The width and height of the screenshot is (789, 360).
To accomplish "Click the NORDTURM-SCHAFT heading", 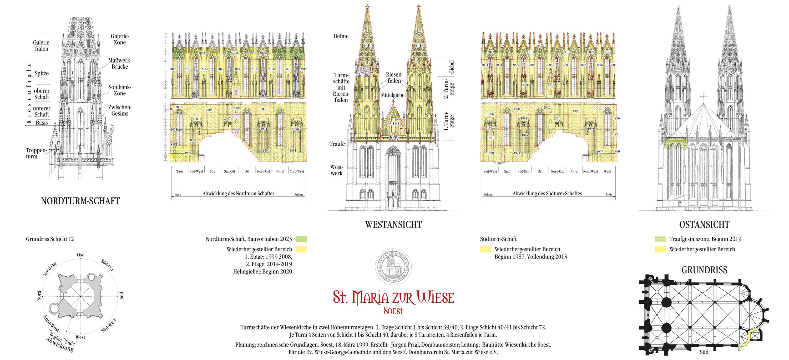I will pos(80,201).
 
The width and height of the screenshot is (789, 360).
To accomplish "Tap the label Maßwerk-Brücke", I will pos(119,63).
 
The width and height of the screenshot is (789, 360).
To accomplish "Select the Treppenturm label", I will pos(36,153).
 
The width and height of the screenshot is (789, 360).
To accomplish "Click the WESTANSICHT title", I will pos(393,225).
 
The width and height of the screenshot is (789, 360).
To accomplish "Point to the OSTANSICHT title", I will pos(704,225).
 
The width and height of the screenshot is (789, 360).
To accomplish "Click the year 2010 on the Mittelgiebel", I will pos(394,124).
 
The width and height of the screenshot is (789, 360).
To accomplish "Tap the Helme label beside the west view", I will pos(341,36).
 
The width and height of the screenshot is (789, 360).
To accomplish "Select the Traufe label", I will pos(337,144).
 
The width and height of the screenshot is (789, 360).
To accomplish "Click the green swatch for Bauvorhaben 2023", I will pos(301,239).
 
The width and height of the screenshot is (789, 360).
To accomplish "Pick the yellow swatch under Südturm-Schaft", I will pos(485,249).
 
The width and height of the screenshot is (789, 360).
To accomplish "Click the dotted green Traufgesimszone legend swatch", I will pos(660,239).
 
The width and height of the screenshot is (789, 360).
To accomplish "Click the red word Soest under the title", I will pos(393,311).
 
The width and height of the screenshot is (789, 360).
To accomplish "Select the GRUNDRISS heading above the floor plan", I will pos(704,270).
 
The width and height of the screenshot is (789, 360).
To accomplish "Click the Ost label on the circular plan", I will pos(80,255).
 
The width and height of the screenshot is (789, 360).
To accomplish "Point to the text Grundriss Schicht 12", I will pos(50,239).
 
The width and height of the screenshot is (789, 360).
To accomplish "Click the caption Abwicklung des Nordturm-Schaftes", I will pos(238,194).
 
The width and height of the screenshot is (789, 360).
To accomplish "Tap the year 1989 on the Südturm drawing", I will pos(498,163).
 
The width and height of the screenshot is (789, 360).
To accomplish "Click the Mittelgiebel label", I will pos(393,95).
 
